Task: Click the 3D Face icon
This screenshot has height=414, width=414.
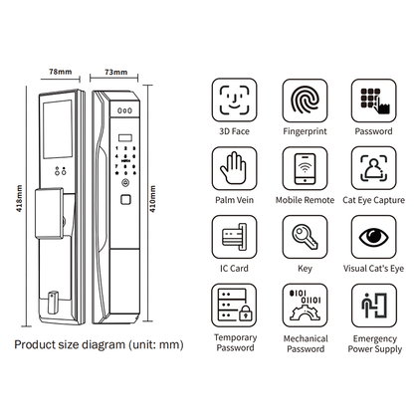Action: point(234,100)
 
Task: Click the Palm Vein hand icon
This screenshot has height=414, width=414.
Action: point(234,168)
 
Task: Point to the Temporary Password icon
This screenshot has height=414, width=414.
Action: point(234,307)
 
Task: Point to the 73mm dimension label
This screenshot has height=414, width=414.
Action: point(118,72)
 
